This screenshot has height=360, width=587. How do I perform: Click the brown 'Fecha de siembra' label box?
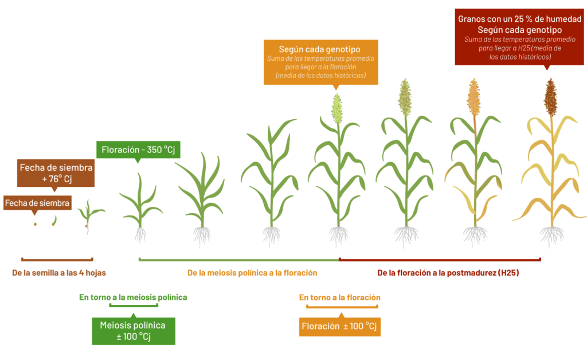pos(37,203)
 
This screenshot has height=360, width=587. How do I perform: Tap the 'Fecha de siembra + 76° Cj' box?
pos(56,173)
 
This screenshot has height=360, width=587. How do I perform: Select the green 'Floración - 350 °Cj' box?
pos(138,150)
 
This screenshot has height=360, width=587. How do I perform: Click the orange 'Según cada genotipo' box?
pos(321,62)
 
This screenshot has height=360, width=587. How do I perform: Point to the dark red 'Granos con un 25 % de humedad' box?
pos(519,37)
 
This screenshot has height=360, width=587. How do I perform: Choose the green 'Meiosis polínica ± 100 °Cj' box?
pos(134,331)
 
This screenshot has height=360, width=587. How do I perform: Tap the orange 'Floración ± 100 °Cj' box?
pos(339,326)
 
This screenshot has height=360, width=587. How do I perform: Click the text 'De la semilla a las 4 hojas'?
pos(59,273)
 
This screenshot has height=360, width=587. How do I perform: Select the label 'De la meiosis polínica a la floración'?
pos(252,273)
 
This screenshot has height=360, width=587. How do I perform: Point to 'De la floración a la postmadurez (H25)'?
pos(448,273)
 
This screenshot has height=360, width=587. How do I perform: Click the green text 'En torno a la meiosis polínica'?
pos(133,297)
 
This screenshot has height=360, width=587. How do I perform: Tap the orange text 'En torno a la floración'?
pos(339,298)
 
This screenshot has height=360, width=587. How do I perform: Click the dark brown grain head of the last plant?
pos(551,97)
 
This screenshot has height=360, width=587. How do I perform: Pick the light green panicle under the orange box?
pos(337,109)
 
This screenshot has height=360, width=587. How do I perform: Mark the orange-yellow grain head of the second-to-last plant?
pos(474,97)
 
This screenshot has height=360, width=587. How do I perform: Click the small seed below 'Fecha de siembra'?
pos(35,224)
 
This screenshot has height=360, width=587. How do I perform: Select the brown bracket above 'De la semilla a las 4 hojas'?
pos(57,259)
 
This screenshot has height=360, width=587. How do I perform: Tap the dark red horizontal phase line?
pos(440,259)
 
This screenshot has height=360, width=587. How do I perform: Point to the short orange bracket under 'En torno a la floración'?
pos(342,307)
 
